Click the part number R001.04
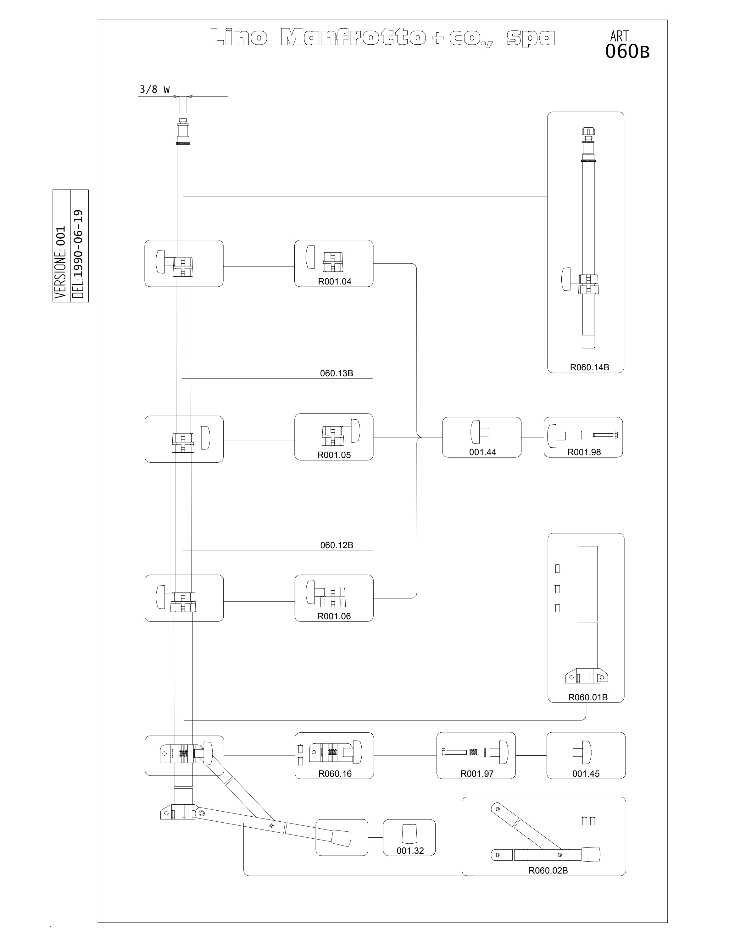point(335,282)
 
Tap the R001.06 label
point(334,616)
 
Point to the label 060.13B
point(337,373)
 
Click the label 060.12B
point(337,545)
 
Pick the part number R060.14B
point(589,367)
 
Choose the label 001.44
point(482,452)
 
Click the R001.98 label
point(584,452)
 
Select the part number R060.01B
point(588,697)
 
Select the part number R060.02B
point(548,870)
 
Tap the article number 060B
point(627,51)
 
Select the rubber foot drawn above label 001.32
point(410,833)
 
